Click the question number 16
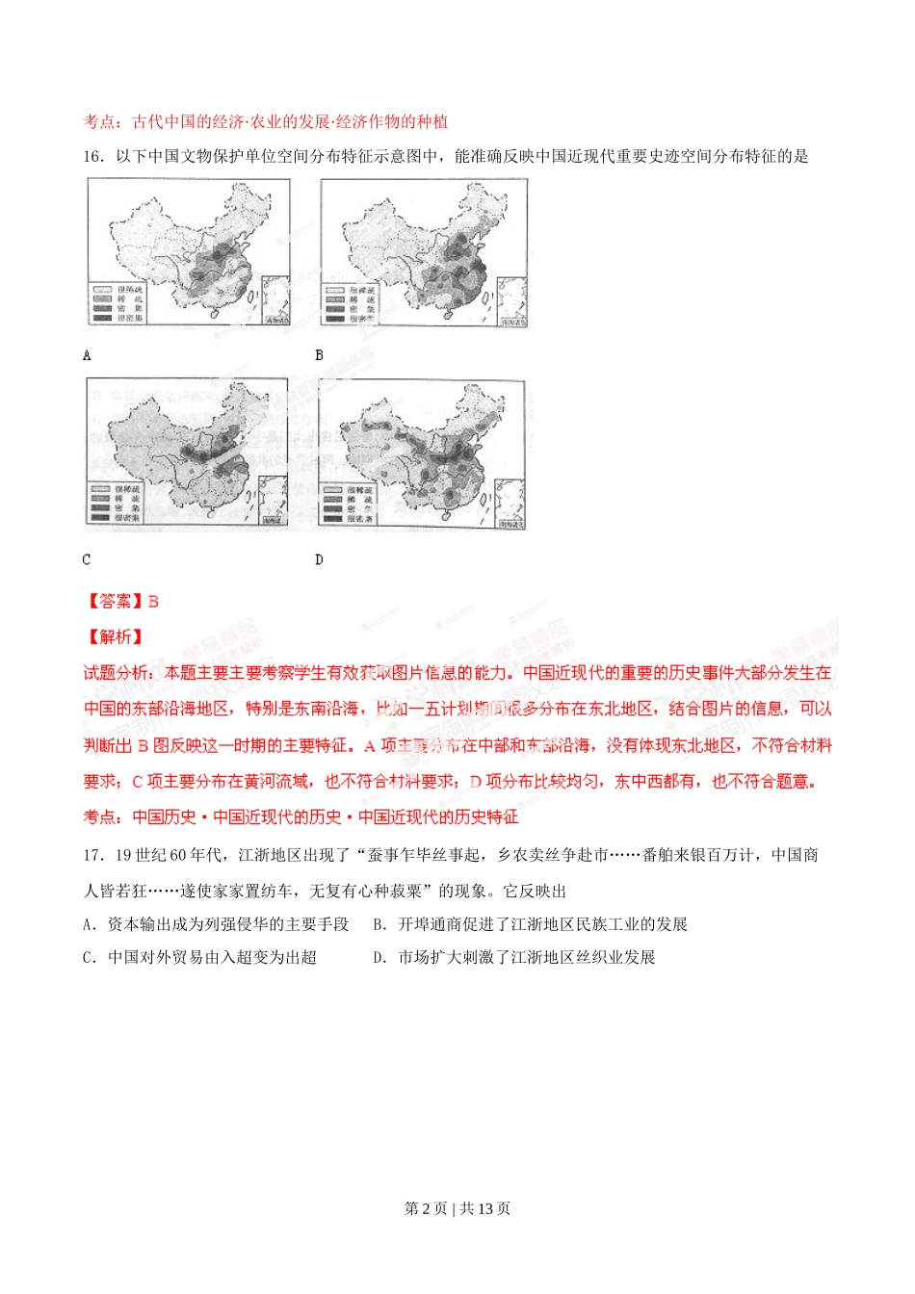[92, 156]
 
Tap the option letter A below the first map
[87, 355]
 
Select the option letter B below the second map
[320, 355]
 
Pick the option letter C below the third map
[87, 559]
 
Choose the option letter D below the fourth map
[320, 559]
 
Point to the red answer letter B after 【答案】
[153, 602]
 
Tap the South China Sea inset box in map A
[275, 299]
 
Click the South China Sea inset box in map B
[512, 300]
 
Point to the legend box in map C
[116, 504]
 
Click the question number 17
[92, 855]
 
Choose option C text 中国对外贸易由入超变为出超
[212, 957]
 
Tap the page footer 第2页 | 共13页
[457, 1208]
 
